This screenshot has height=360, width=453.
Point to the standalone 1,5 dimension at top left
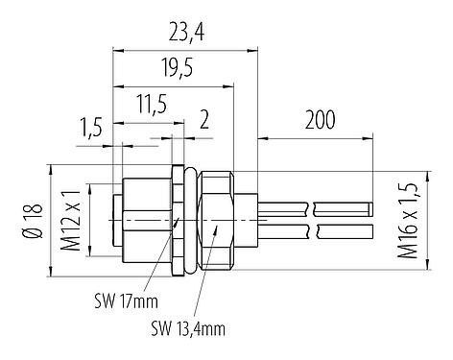pyautogui.click(x=93, y=127)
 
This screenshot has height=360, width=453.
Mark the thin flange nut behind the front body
pyautogui.click(x=179, y=221)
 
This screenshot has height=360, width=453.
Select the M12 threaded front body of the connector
pyautogui.click(x=134, y=221)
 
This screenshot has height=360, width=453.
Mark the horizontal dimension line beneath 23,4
pyautogui.click(x=185, y=50)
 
